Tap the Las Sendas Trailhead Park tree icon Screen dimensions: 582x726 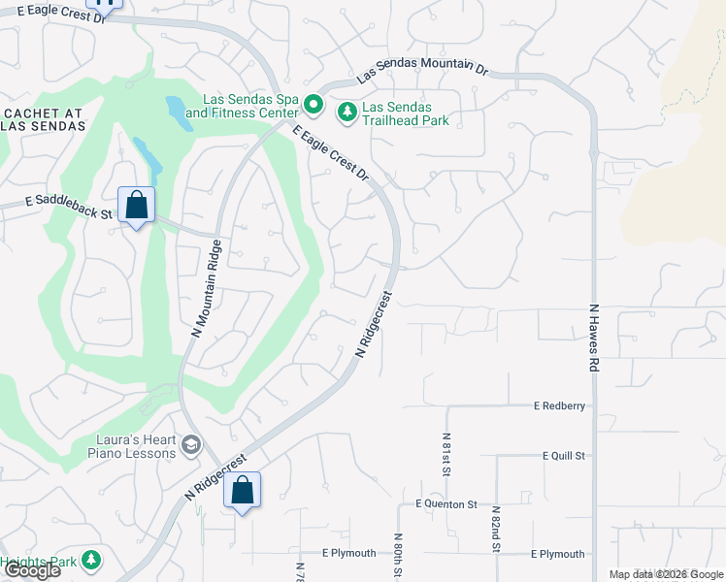346,113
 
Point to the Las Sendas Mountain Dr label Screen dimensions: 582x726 422,70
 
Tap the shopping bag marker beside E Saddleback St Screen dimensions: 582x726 137,206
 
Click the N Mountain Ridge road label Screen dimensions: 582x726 207,288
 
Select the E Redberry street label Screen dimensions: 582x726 559,405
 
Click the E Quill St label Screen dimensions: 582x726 565,455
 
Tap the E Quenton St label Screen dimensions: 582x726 446,504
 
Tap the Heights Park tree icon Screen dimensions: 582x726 90,560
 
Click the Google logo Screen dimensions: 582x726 31,570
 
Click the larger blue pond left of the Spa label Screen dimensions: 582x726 177,111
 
